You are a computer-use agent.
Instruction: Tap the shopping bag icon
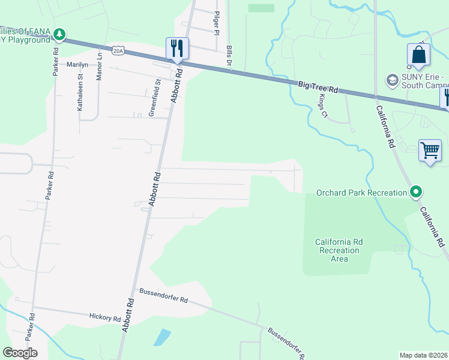(x=418, y=55)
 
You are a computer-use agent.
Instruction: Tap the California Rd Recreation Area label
(x=339, y=250)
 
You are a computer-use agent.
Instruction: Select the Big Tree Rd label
(x=318, y=88)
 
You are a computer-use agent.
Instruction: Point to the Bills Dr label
(x=229, y=55)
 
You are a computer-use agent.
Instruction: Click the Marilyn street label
(x=77, y=64)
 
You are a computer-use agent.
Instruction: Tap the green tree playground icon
(x=59, y=35)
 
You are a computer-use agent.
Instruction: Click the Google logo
(x=20, y=352)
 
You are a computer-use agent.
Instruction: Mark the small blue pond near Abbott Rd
(x=161, y=337)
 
